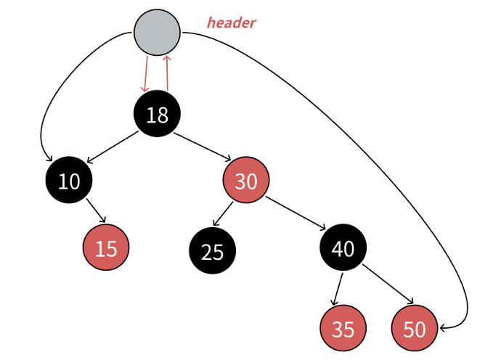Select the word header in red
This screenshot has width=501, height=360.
pos(231,22)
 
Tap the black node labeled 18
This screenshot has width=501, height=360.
pos(157,114)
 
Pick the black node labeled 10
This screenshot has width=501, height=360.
pos(69,180)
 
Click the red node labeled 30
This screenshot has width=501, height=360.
pos(246,181)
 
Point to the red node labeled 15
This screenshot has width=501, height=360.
pos(106,247)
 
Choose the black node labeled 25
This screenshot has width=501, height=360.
pos(213,251)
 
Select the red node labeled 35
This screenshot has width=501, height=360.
pos(343,329)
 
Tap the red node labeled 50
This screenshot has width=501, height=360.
pos(414,329)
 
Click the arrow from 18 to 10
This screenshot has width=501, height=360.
pos(112,147)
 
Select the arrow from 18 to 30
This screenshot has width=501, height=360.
pos(201,147)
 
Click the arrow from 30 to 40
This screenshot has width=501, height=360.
pos(295,214)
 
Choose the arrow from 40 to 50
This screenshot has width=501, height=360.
pos(388,285)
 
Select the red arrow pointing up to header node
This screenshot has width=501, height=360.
pos(168,73)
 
